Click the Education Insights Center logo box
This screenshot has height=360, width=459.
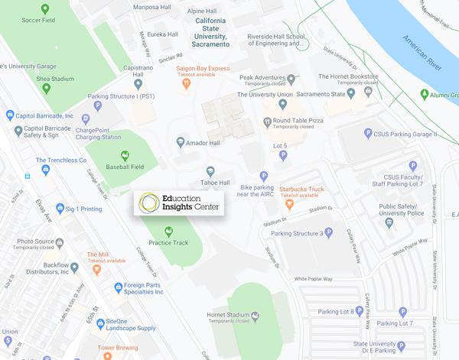click(x=179, y=203)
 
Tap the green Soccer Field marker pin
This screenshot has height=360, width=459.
click(x=46, y=10)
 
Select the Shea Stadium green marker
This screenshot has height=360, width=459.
click(x=46, y=88)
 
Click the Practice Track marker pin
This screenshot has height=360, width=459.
click(x=169, y=231)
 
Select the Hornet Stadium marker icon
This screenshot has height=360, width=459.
click(x=256, y=315)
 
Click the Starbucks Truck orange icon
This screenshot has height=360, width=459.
click(x=289, y=204)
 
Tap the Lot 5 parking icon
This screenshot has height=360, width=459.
click(x=283, y=156)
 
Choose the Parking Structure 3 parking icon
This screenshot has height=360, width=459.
click(x=330, y=232)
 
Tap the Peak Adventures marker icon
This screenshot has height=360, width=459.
click(x=291, y=79)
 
